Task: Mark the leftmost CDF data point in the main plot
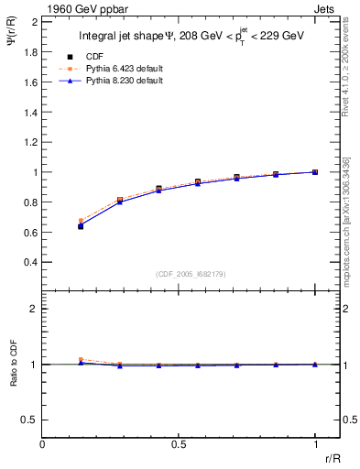coord(81,225)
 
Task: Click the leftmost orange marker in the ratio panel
coord(81,360)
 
